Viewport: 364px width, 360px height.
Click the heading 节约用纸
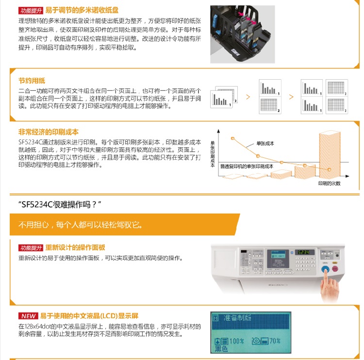(32, 81)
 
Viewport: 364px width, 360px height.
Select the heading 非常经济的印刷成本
(49, 132)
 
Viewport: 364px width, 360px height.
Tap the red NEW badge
(28, 316)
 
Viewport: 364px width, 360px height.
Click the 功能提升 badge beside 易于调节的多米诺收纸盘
(31, 10)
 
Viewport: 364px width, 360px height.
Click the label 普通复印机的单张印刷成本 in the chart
(247, 166)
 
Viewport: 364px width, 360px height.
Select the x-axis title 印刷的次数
(330, 183)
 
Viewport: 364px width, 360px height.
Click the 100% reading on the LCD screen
(236, 341)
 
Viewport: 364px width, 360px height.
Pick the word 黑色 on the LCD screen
(222, 348)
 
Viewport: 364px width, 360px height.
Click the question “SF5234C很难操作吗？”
(62, 204)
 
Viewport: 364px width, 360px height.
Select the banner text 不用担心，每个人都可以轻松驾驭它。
(80, 224)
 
